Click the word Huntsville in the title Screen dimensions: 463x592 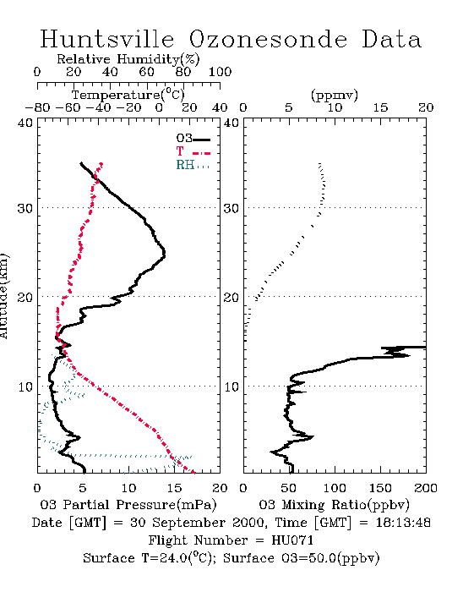point(107,39)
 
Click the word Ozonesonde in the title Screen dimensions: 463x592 point(268,39)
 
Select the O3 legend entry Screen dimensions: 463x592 point(193,139)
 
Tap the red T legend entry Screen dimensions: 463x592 point(193,151)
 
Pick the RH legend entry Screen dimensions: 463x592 point(193,165)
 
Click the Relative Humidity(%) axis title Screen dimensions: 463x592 point(128,59)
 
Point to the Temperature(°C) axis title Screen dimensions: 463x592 point(128,95)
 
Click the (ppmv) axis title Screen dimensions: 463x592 point(335,95)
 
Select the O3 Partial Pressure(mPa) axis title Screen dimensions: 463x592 point(128,505)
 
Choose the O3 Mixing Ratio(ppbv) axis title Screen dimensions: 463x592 point(334,505)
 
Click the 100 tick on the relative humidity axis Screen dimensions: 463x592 point(220,72)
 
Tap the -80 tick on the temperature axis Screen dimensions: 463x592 point(37,107)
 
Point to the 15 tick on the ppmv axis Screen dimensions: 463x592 point(380,107)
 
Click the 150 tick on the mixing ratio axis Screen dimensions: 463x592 point(380,488)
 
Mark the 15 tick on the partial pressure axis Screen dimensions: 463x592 point(174,488)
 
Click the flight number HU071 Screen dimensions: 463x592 point(292,540)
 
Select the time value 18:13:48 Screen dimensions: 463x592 point(403,523)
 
